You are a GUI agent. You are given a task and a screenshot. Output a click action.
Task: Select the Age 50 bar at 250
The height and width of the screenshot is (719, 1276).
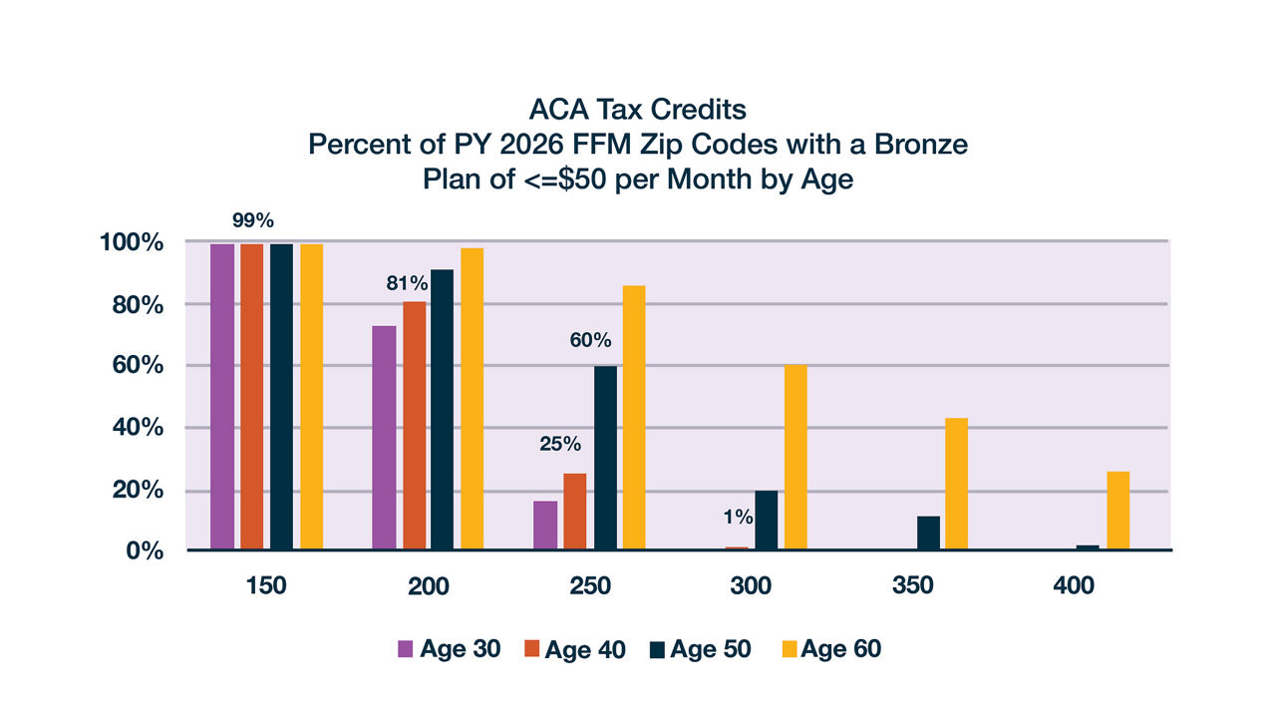[x=605, y=458]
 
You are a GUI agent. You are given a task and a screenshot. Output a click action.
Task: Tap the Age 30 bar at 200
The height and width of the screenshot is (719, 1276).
[x=384, y=438]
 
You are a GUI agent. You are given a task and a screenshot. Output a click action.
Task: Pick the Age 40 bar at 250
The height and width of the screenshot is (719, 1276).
[x=574, y=512]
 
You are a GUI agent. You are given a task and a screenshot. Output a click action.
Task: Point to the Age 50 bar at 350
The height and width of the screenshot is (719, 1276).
[x=927, y=533]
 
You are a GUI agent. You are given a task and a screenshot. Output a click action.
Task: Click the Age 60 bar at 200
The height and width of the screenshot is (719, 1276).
[x=472, y=399]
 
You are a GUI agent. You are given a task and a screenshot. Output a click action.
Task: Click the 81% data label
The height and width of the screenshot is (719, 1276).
[x=407, y=283]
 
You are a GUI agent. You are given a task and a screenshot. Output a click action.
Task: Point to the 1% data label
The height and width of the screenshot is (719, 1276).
[x=738, y=518]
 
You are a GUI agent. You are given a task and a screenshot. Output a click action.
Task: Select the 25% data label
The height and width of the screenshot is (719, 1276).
[x=560, y=444]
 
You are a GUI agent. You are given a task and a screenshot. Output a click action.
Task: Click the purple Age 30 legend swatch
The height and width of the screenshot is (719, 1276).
[x=405, y=649]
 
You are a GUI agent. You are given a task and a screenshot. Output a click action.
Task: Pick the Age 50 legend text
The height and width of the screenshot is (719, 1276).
[x=711, y=649]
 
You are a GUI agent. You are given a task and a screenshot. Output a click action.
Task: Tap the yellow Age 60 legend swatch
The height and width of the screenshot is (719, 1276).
[x=788, y=649]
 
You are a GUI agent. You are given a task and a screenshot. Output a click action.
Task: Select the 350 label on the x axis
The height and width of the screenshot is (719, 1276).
[x=912, y=586]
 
